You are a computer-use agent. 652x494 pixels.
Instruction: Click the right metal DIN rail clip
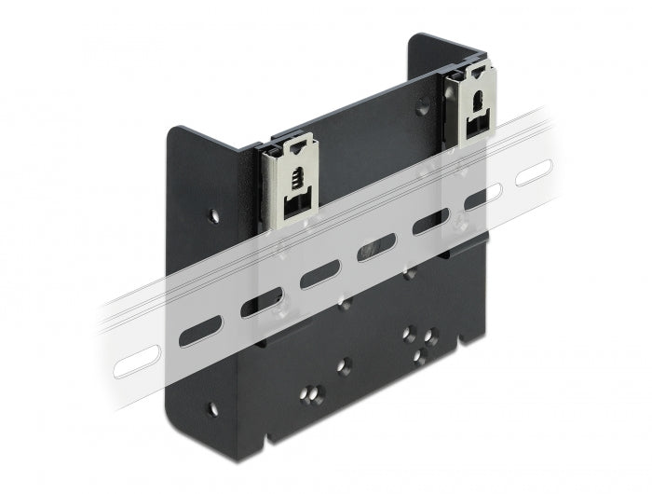point(472,104)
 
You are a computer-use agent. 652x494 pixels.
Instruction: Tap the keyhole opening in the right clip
point(475,101)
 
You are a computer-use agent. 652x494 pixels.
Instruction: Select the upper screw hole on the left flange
point(214,215)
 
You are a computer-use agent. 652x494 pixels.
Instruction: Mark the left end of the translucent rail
point(104,354)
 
